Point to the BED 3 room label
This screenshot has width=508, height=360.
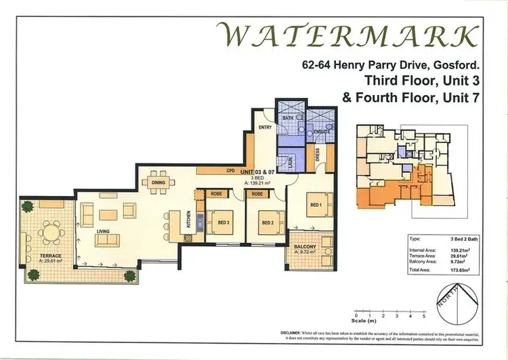tap(225, 222)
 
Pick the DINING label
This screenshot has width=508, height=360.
tap(158, 182)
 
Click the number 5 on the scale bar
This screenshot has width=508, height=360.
tap(424, 316)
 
